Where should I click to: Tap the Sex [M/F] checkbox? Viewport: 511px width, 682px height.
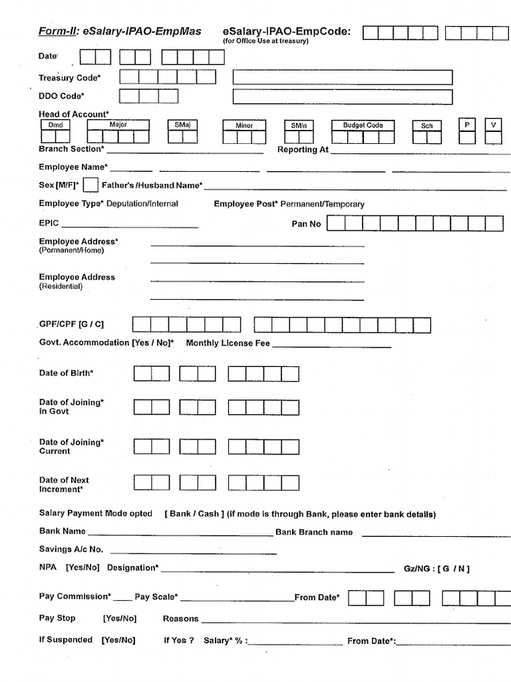point(91,185)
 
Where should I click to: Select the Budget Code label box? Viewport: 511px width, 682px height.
point(363,125)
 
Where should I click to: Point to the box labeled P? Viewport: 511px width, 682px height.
point(467,125)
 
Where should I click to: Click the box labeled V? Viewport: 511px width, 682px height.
point(493,125)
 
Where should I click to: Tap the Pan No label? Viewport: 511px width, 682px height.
point(306,224)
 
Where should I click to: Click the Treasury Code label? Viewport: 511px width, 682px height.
point(70,78)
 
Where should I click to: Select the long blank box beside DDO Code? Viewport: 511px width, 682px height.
point(342,97)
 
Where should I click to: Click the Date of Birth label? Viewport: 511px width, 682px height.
point(66,373)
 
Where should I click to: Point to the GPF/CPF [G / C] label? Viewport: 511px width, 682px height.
point(71,324)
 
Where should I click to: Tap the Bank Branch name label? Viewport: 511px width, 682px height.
point(314,532)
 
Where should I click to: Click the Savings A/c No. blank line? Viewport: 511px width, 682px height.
point(193,552)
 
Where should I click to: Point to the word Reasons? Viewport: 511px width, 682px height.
point(180,619)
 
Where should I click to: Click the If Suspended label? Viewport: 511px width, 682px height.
point(66,639)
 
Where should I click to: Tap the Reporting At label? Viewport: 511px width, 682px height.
point(303,150)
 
